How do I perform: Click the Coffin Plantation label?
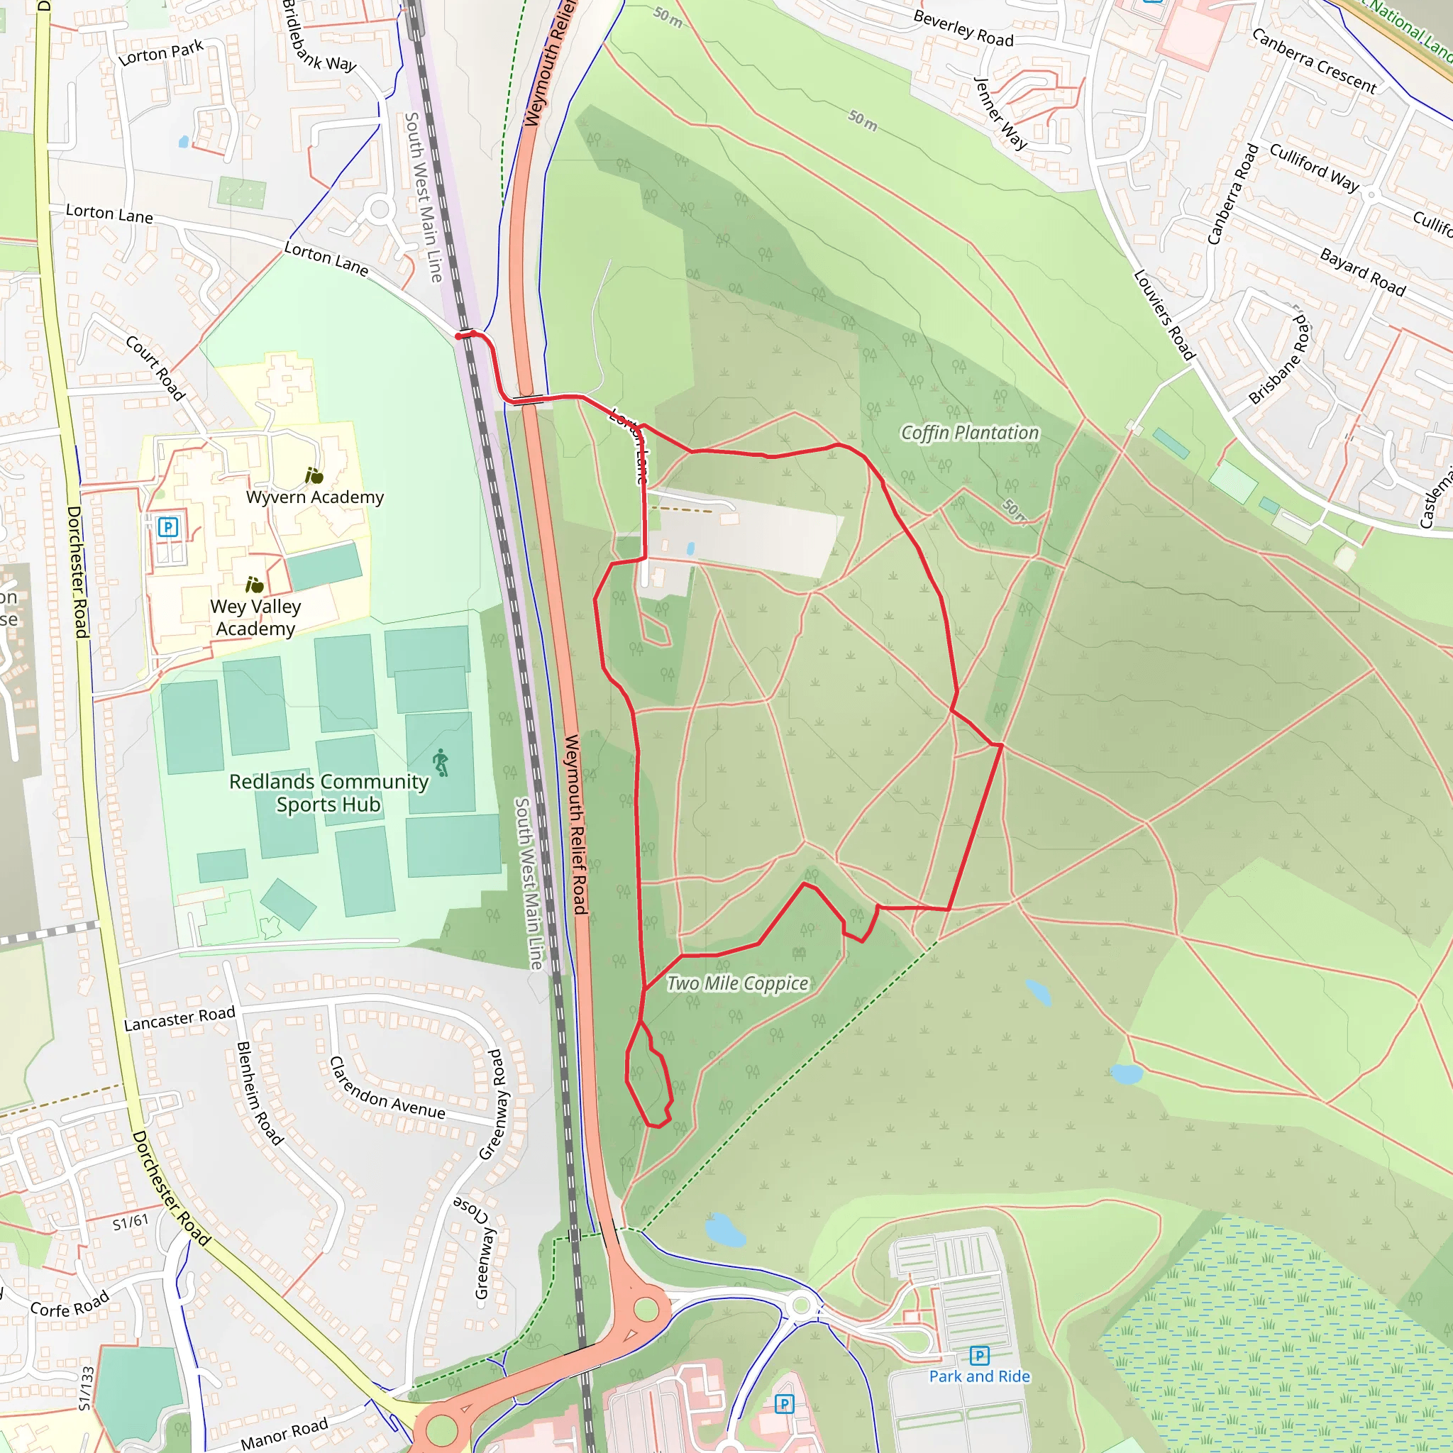[x=969, y=433]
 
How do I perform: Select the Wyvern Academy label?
[x=314, y=497]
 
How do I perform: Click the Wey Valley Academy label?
[x=255, y=617]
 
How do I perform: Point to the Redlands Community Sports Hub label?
[x=328, y=792]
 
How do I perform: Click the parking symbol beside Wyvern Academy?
[x=167, y=526]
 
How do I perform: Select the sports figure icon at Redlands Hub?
[x=441, y=763]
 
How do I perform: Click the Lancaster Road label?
[x=179, y=1018]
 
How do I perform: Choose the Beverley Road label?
[x=963, y=28]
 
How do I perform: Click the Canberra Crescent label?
[x=1314, y=61]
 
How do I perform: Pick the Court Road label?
[x=155, y=368]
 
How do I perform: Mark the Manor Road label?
[x=284, y=1433]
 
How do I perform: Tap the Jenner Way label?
[x=1000, y=113]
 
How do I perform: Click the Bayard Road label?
[x=1363, y=272]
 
